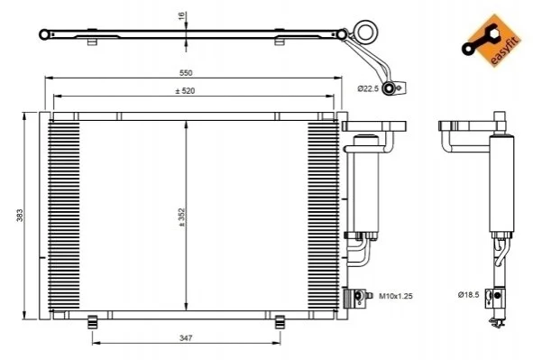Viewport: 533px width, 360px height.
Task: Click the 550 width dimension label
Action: pos(186,73)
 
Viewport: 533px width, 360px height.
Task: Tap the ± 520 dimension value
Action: pos(185,91)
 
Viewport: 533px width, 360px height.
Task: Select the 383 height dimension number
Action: pos(20,216)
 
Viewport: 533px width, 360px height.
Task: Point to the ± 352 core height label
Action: pos(181,217)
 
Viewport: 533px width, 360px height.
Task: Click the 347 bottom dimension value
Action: pos(186,338)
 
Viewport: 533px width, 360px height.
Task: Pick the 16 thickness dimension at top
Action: pos(181,15)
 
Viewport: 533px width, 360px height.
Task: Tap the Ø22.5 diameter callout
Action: pos(368,88)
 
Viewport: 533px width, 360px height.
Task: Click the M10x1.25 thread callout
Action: pos(396,296)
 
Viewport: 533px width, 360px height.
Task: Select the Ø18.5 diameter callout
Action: pos(468,295)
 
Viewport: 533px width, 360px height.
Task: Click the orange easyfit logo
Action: pos(492,40)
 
